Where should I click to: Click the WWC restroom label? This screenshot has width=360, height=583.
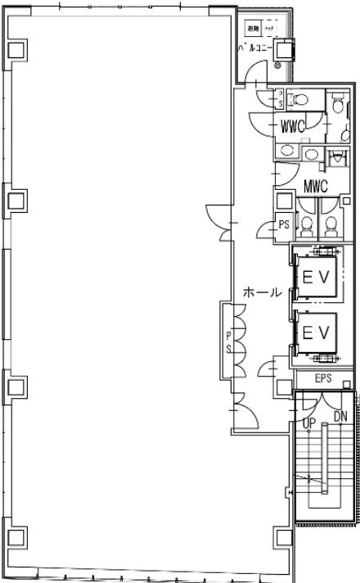point(294,127)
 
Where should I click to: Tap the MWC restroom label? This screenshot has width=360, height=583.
point(315,186)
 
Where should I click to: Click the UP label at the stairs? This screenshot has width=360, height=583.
point(309,423)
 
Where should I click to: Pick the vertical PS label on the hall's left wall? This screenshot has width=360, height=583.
point(228,340)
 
